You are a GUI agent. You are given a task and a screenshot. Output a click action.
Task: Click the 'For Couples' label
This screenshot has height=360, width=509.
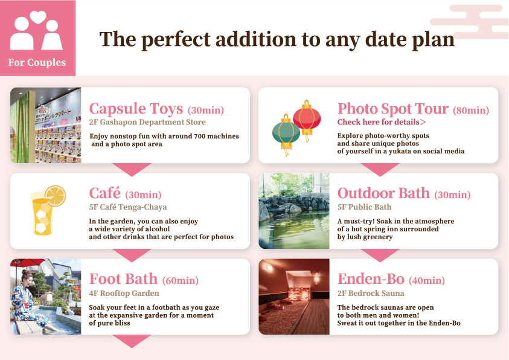pos(37,63)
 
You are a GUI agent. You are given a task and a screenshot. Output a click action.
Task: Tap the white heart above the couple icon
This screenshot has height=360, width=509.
pos(38,16)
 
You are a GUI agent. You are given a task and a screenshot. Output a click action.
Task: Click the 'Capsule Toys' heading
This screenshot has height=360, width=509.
pos(136,109)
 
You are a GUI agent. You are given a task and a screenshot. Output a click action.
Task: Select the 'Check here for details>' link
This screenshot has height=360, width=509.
pos(382,122)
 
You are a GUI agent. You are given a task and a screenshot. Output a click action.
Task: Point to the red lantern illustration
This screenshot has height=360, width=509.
pos(307,117)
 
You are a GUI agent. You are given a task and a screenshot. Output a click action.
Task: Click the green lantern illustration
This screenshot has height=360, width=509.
pos(286,132)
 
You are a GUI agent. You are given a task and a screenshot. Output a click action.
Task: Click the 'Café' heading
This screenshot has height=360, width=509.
pos(105,193)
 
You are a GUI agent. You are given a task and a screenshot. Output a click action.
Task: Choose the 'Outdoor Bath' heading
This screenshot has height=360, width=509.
pos(383,193)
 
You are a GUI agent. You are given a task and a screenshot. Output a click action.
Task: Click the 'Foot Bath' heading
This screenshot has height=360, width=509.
pos(123,279)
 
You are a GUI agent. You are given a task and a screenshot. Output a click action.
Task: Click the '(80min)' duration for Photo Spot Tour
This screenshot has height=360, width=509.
pos(470,111)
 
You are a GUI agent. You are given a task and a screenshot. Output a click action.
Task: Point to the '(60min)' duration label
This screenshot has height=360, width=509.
pos(180,281)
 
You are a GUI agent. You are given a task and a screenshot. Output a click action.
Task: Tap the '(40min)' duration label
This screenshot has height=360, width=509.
pos(427,281)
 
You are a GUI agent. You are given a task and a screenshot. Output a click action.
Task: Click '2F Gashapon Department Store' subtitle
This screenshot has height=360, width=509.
pos(147,123)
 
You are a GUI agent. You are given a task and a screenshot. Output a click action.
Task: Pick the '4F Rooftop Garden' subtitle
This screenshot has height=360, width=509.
pos(124,294)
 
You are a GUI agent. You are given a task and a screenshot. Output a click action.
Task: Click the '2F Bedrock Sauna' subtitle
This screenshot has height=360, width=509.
pos(371,294)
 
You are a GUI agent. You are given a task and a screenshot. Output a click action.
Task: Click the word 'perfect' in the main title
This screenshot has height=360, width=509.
pos(181,39)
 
